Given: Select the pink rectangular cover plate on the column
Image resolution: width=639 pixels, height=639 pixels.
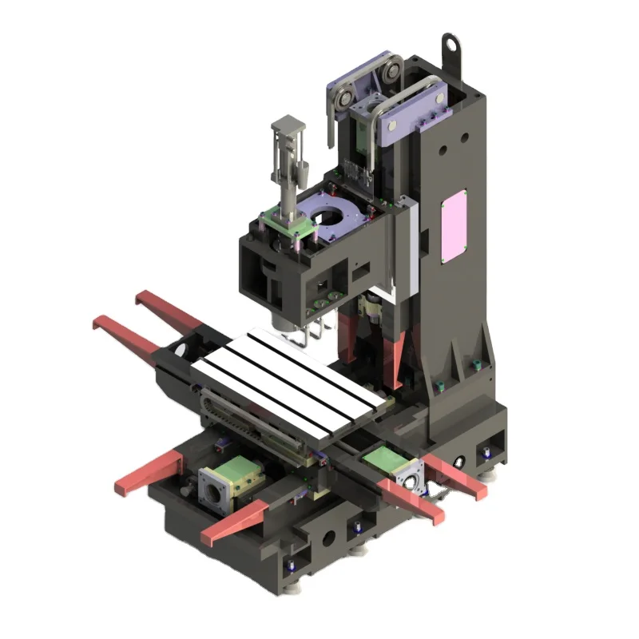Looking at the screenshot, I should tap(454, 225).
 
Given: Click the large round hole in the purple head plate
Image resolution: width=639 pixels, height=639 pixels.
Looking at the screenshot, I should tap(331, 216).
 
